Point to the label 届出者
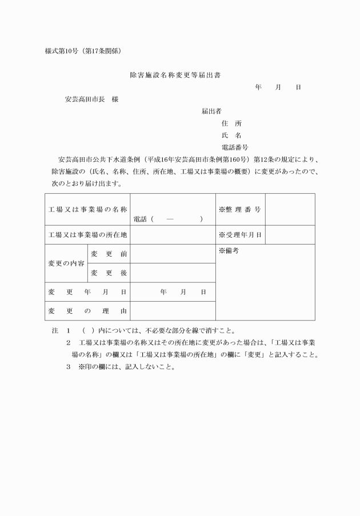(x=211, y=111)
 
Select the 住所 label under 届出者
(x=231, y=123)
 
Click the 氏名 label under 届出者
(x=231, y=135)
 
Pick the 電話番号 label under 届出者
(x=234, y=147)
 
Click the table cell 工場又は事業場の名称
(x=87, y=209)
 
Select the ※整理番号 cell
(x=240, y=209)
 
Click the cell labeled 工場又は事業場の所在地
(x=87, y=235)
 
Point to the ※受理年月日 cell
(x=240, y=235)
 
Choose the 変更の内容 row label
(x=66, y=263)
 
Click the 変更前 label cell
(x=109, y=254)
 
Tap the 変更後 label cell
(x=109, y=273)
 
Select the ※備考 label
(x=229, y=251)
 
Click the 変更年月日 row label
(x=87, y=292)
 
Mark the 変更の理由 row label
(x=87, y=311)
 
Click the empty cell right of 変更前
(x=173, y=254)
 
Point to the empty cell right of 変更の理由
(x=173, y=311)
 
